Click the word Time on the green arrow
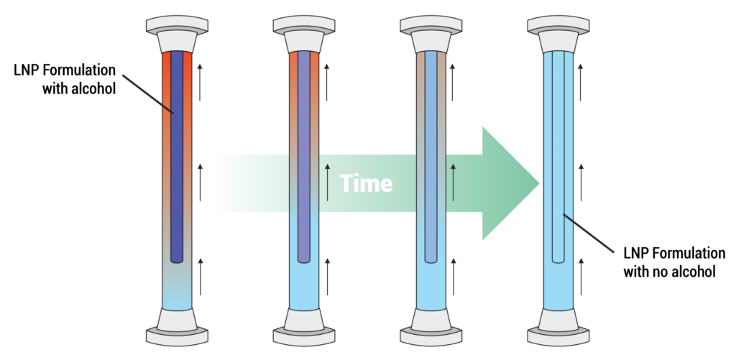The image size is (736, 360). (x=367, y=183)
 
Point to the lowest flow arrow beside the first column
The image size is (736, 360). (x=201, y=276)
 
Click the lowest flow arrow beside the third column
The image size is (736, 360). (x=454, y=276)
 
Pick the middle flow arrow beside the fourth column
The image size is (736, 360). (x=581, y=180)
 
